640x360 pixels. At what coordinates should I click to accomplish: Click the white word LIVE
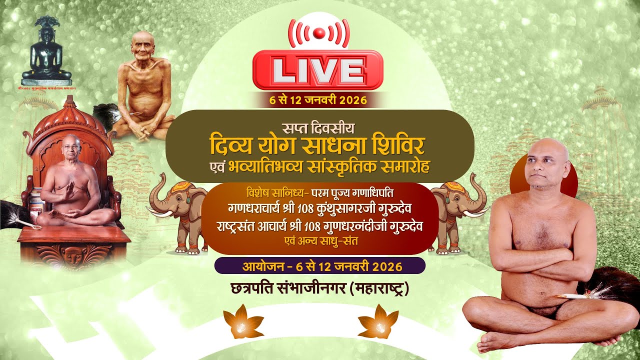click(318, 70)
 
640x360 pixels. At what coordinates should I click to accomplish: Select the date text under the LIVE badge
click(318, 100)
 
